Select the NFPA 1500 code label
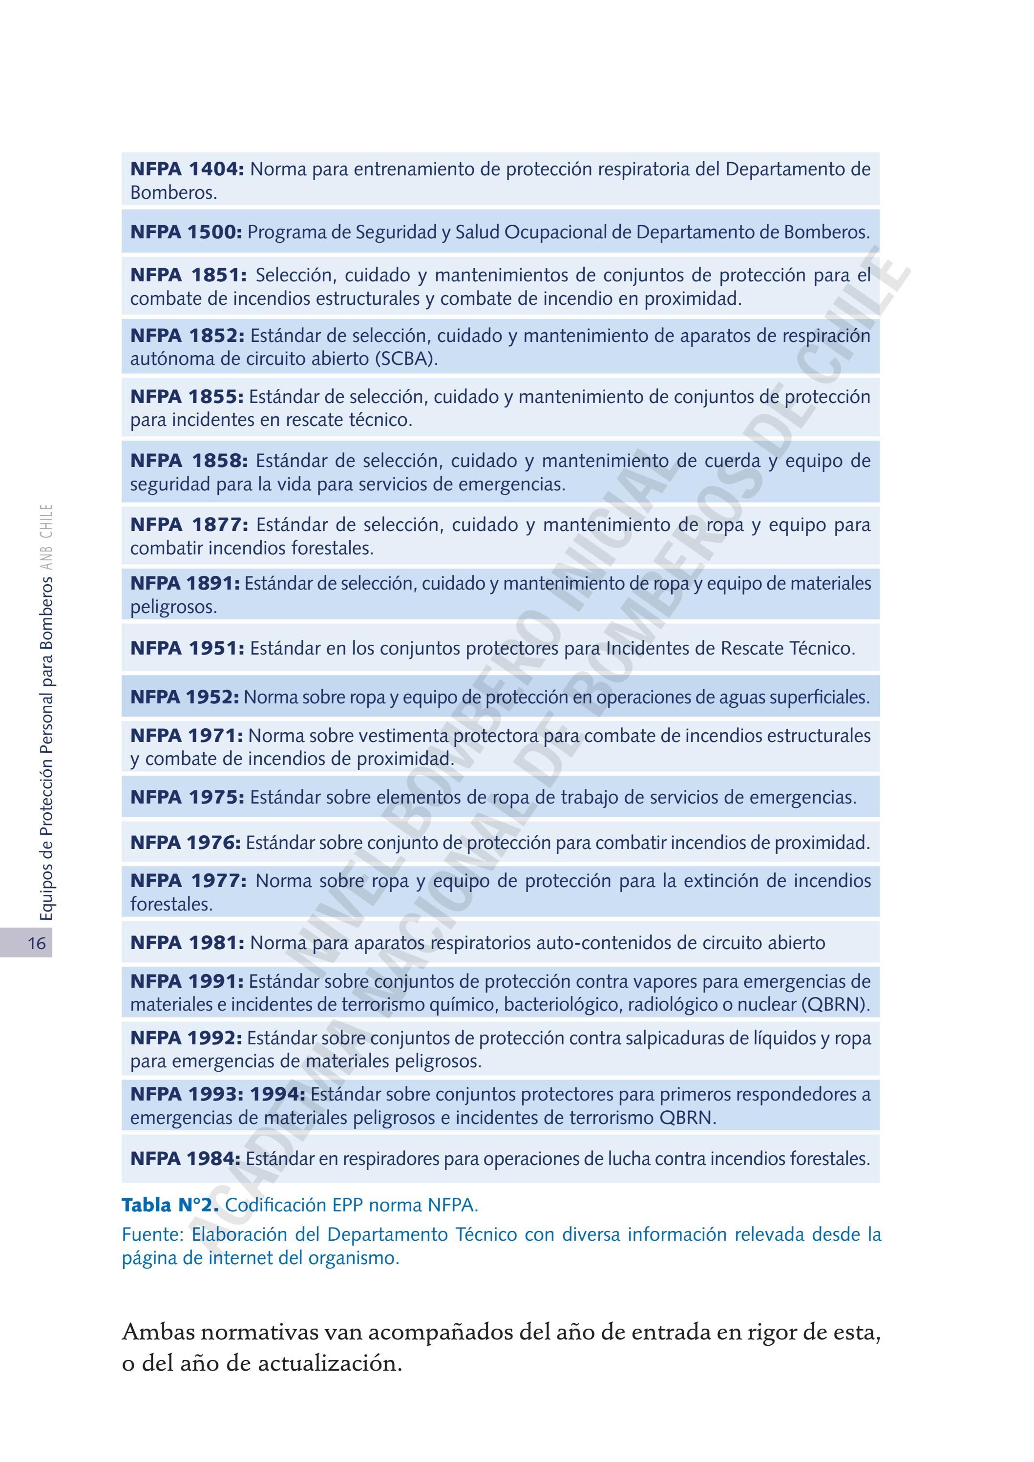186,233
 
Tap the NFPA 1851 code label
189,275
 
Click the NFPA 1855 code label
187,397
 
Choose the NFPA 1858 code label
189,461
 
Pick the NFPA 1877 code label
189,525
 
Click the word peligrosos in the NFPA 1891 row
173,608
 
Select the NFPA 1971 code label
187,736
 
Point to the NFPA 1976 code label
185,843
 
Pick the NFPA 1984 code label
185,1159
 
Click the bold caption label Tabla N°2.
170,1206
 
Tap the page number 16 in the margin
37,943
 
